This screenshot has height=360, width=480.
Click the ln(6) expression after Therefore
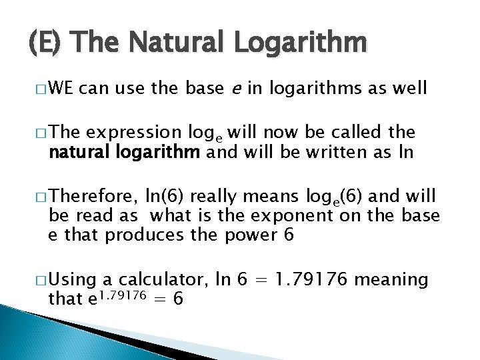[165, 197]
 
